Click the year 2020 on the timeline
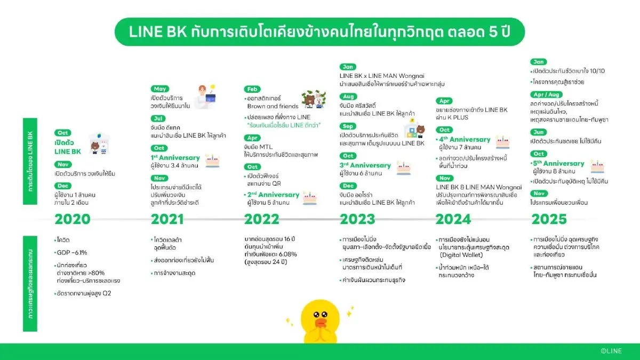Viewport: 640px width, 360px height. click(73, 219)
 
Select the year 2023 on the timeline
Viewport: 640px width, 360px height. click(357, 219)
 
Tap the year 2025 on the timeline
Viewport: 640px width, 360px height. click(549, 219)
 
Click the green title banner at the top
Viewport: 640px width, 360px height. click(319, 32)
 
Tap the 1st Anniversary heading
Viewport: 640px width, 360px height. click(175, 158)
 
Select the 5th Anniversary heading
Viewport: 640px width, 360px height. click(558, 163)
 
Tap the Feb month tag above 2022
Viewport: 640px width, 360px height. click(252, 89)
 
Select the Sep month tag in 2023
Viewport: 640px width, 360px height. click(348, 127)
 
